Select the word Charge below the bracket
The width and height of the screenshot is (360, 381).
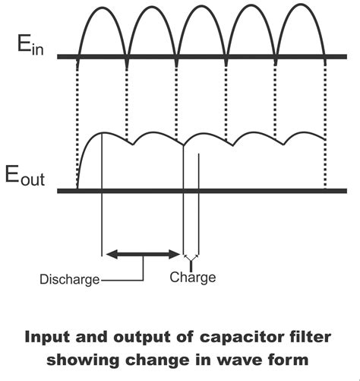(x=192, y=278)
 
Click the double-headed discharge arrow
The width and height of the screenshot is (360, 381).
(x=144, y=253)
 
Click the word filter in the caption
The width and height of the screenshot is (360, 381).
(x=308, y=335)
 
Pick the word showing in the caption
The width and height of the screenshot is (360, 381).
(x=81, y=357)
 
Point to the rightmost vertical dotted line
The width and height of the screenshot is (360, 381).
(x=325, y=122)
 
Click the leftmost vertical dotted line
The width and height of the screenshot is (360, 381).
(x=77, y=122)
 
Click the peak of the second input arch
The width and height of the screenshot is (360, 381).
(x=152, y=7)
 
